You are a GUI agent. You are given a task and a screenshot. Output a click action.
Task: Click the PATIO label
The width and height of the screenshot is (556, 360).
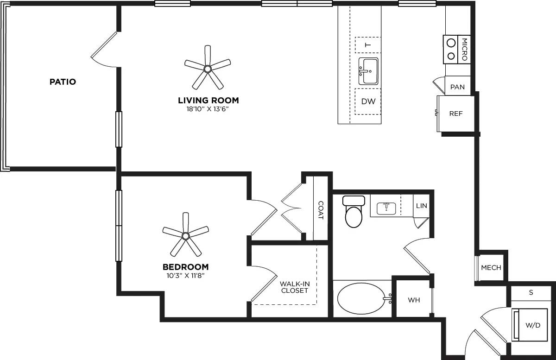(x=63, y=82)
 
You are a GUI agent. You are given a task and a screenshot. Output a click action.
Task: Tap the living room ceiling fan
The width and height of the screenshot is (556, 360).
(x=207, y=69)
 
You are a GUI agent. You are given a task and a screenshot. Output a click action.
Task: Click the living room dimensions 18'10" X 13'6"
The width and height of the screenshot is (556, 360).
(x=208, y=109)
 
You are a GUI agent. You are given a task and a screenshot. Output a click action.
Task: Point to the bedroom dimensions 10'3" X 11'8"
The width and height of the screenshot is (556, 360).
(x=185, y=276)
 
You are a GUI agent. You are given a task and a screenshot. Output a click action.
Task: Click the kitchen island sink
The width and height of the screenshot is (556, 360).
(x=368, y=71)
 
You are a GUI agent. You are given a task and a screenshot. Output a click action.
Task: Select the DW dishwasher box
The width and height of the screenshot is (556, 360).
(x=368, y=101)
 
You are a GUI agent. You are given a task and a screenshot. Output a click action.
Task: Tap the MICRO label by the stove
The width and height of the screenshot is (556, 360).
(x=464, y=49)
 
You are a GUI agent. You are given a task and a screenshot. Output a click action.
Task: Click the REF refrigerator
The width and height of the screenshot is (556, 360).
(x=456, y=114)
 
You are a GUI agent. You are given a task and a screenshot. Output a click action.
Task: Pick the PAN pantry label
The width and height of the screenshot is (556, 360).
(x=457, y=87)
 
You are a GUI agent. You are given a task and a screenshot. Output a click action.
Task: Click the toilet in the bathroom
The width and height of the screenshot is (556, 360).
(x=354, y=213)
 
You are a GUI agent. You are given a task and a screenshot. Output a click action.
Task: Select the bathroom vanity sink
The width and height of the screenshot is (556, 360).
(x=386, y=208)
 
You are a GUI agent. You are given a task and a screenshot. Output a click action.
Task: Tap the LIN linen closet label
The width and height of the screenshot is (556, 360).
(x=421, y=206)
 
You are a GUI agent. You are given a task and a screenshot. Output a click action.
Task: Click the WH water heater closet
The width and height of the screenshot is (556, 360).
(x=414, y=300)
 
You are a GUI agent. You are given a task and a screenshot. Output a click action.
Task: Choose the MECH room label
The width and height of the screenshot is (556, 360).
(x=491, y=267)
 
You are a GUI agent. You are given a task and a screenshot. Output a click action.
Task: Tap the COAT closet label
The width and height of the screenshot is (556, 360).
(x=321, y=210)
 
